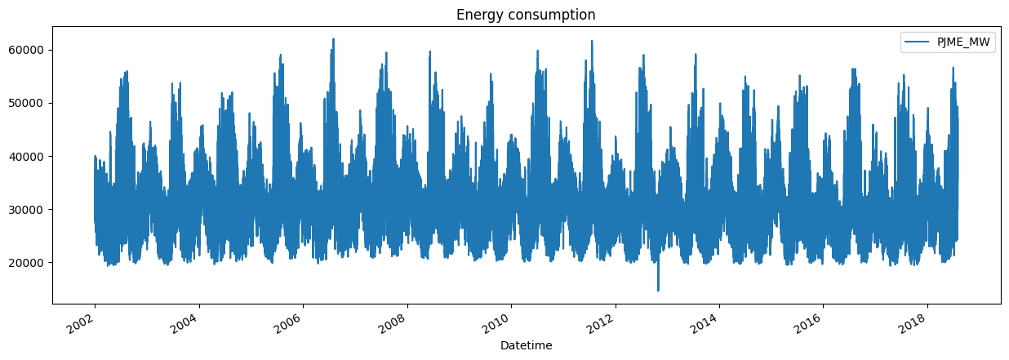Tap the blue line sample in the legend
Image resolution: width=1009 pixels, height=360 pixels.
pos(918,44)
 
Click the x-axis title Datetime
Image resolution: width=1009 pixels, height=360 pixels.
pos(526,345)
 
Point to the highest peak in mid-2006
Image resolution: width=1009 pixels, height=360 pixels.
pos(333,39)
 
